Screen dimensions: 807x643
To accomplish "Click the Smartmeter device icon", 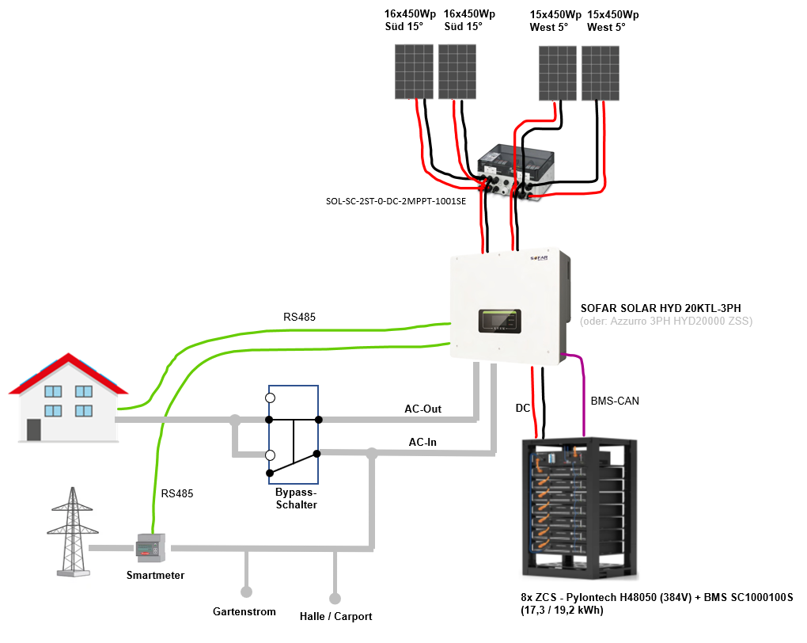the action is click(x=151, y=548).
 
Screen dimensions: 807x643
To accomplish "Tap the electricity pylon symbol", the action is click(x=73, y=531).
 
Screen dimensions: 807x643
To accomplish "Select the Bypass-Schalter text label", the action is click(x=296, y=498).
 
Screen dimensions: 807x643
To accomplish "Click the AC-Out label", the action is click(x=423, y=409).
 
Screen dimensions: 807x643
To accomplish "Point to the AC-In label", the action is click(x=422, y=442).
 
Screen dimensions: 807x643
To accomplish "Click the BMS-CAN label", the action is click(x=615, y=401).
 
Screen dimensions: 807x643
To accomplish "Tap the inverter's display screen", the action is click(x=500, y=321).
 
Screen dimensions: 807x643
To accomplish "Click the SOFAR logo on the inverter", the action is click(x=539, y=257).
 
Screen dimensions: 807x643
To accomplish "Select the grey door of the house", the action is click(x=34, y=429).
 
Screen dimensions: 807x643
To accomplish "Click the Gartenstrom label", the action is click(x=244, y=611).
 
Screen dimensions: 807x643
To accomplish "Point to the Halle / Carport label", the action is click(x=335, y=616).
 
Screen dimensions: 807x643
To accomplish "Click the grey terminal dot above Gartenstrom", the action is click(x=247, y=592).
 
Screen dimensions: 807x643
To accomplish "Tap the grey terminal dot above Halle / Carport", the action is click(x=335, y=599).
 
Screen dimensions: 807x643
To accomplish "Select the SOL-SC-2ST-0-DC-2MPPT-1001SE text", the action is click(x=396, y=201).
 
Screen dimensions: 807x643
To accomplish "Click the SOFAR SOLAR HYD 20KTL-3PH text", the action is click(x=661, y=308).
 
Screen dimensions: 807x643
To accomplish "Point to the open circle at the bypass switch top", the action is click(x=271, y=398).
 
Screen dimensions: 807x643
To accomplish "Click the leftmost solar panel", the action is click(x=414, y=71).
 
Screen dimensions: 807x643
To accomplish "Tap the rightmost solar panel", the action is click(x=600, y=73).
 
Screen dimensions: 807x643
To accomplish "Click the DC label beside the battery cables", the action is click(x=523, y=408).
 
